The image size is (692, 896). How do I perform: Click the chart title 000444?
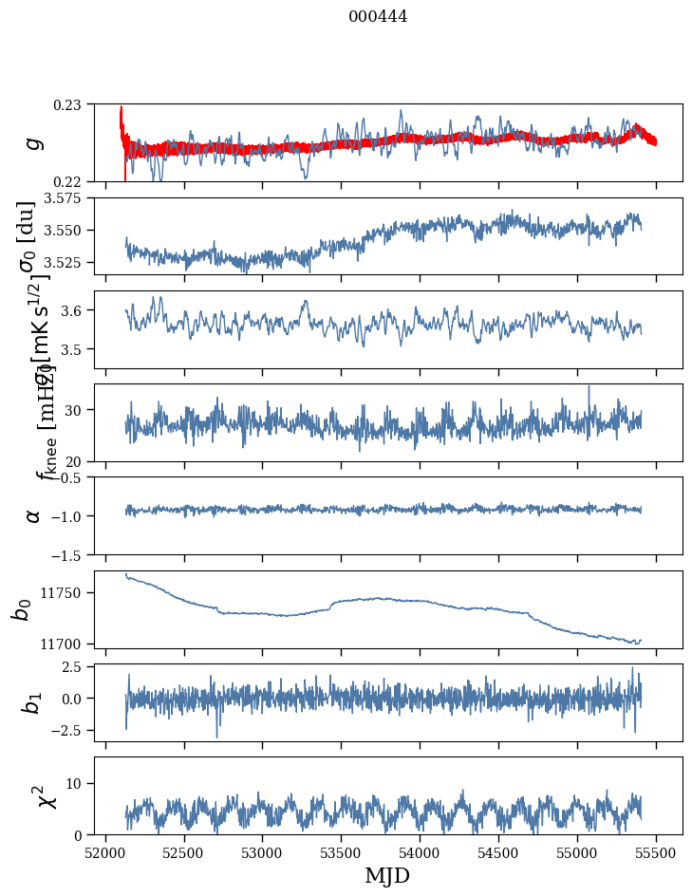[378, 16]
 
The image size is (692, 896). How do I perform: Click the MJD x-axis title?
[387, 875]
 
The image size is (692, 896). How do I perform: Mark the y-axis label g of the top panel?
[32, 142]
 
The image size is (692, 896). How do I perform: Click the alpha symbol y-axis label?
[32, 515]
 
